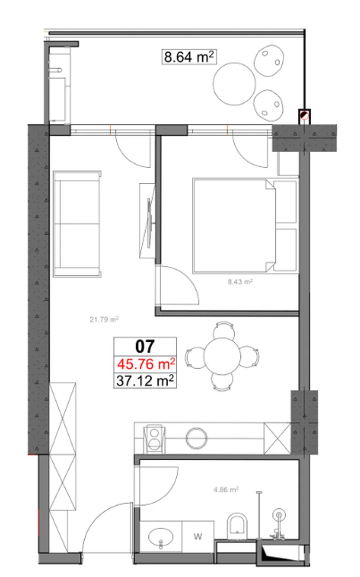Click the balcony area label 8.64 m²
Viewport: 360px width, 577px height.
coord(189,57)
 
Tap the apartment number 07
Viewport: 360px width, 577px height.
coord(145,346)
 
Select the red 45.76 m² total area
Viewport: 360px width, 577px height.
coord(146,364)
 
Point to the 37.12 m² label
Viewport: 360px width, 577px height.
coord(145,380)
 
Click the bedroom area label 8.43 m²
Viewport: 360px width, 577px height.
coord(240,281)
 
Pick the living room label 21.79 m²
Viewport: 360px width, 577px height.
coord(104,320)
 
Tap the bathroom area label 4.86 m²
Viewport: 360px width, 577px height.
coord(226,489)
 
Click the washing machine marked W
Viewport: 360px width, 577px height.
coord(198,536)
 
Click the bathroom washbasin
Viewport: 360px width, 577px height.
coord(161,537)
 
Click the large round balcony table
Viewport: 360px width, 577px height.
coord(234,84)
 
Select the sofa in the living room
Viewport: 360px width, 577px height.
coord(77,224)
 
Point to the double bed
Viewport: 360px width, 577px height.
coord(245,225)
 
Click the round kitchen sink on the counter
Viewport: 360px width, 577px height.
coord(196,438)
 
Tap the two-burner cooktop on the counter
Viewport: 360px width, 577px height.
coord(154,439)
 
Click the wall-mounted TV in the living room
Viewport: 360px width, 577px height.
coord(150,223)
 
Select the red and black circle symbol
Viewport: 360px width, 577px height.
coord(305,115)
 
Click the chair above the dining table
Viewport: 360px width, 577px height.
coord(224,330)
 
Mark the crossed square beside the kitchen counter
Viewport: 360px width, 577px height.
coord(277,439)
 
